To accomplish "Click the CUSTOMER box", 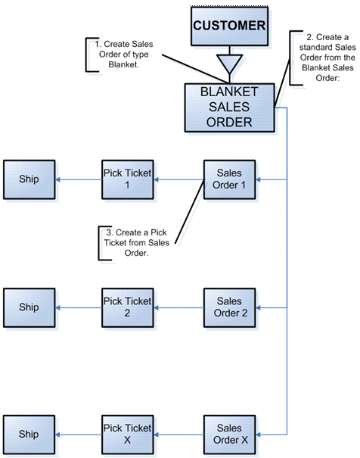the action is coord(230,26).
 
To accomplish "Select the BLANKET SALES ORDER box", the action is coord(230,107).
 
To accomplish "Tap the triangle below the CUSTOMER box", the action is coord(230,64).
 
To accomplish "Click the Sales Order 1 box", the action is coord(230,179).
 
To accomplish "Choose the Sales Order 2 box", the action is coord(230,307).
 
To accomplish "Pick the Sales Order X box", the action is coord(230,435).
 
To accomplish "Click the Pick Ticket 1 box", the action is coord(128,179).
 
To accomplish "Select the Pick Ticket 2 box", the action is coord(128,307).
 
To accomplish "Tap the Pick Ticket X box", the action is coord(128,435).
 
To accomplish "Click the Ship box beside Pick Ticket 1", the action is coord(29,179).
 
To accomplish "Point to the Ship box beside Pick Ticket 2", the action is coord(29,307).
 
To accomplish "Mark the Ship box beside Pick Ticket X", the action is coord(29,435).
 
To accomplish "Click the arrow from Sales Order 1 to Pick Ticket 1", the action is coord(178,179).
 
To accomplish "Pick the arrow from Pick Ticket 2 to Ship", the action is coord(79,307).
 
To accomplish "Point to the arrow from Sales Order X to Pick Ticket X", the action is coord(178,435).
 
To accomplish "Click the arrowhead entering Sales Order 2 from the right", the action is coord(258,307).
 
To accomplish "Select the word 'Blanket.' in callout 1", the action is coord(124,64).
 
